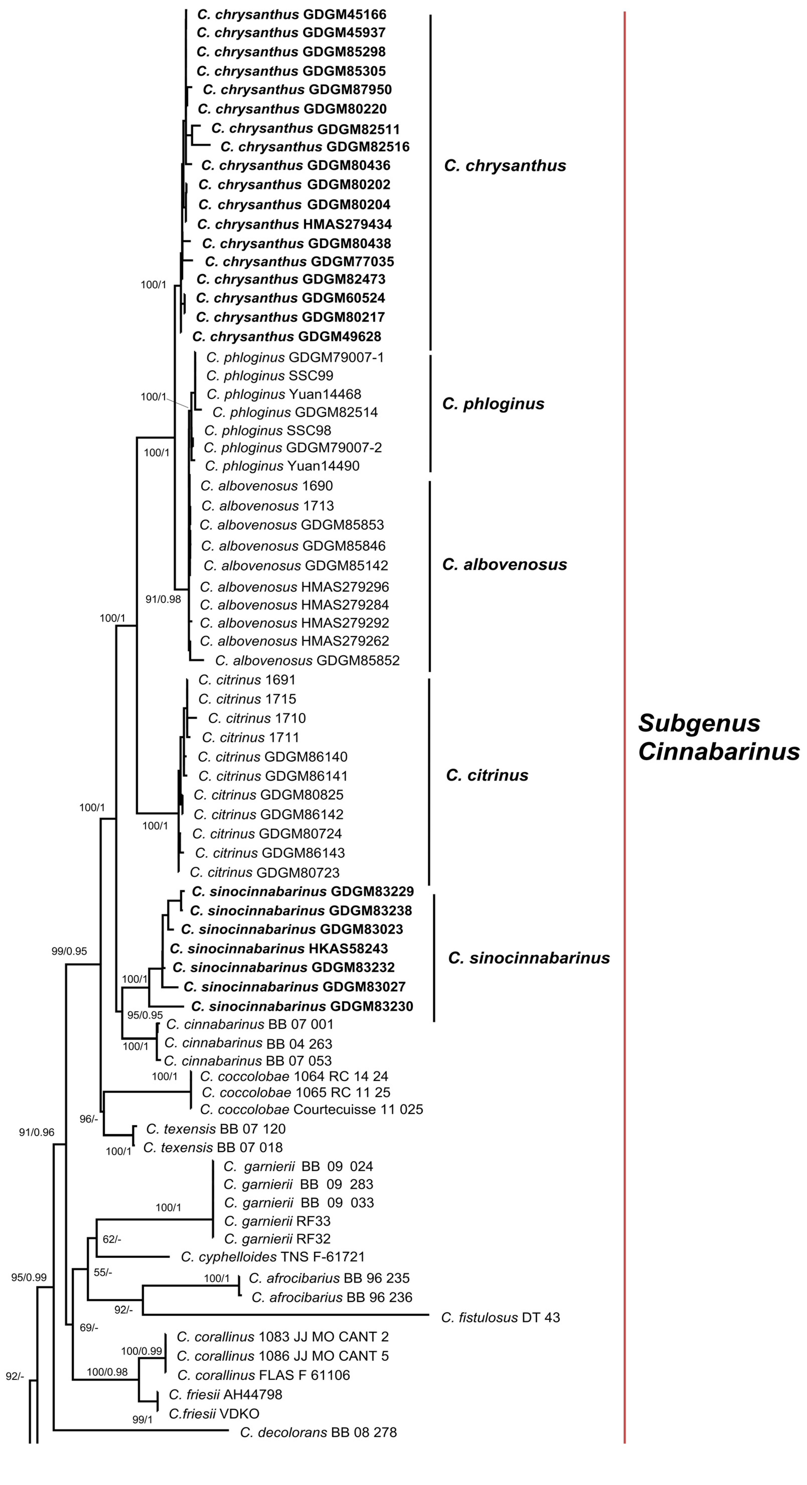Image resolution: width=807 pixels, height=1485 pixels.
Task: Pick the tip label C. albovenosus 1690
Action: (266, 486)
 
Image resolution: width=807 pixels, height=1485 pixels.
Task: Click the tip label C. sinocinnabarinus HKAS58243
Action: (279, 948)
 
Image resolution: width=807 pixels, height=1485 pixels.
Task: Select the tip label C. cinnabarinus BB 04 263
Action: (248, 1043)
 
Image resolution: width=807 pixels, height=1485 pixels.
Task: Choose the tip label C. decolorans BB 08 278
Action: (318, 1432)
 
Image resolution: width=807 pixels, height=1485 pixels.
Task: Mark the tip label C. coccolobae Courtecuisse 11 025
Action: (311, 1109)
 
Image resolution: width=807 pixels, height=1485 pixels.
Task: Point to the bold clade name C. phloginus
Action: (493, 404)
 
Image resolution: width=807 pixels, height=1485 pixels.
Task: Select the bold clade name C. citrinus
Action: (487, 775)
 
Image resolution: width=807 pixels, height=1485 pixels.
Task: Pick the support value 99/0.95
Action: (69, 951)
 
